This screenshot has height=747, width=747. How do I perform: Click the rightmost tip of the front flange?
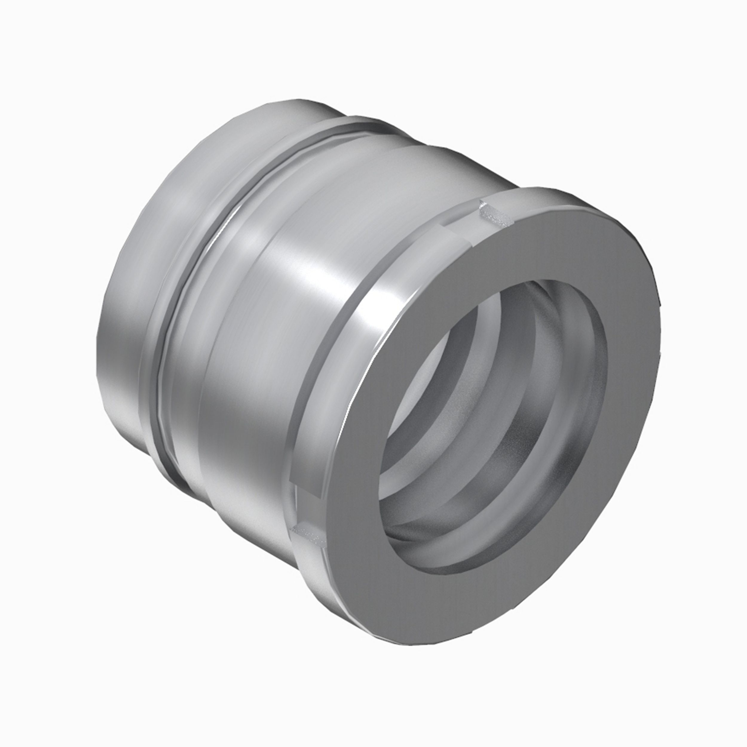point(657,348)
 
